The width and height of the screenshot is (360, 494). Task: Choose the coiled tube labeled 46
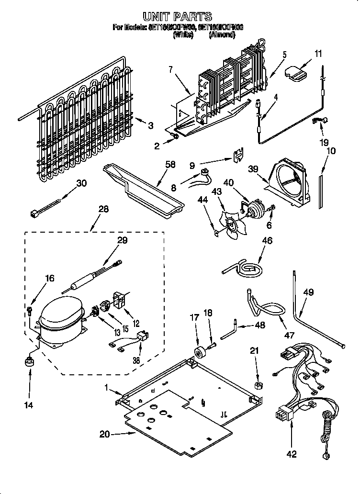[246, 269]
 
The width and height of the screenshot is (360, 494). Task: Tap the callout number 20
[104, 434]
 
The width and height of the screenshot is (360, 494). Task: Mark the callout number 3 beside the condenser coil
[150, 126]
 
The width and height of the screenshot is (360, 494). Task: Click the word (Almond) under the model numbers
[222, 34]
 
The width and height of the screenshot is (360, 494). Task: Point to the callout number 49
[309, 292]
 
